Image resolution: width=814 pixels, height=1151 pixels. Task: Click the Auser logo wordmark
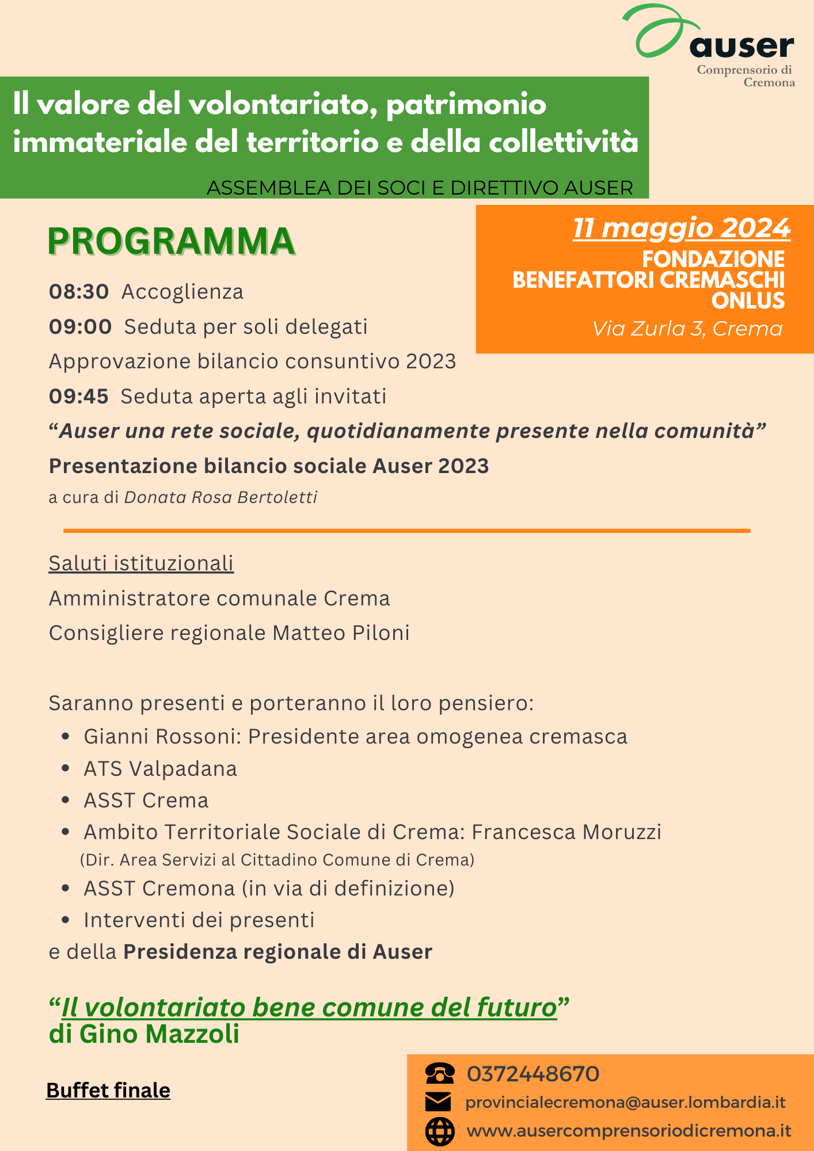pyautogui.click(x=741, y=46)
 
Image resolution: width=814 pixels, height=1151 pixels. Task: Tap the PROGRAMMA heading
pyautogui.click(x=171, y=242)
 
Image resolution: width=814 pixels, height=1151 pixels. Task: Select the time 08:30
pyautogui.click(x=79, y=292)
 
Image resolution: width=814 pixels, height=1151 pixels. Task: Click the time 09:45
pyautogui.click(x=79, y=397)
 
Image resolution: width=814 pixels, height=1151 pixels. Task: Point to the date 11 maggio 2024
pyautogui.click(x=681, y=228)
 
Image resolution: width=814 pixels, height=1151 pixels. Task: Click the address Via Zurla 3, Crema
pyautogui.click(x=687, y=329)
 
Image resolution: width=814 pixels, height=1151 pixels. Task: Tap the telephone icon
pyautogui.click(x=439, y=1073)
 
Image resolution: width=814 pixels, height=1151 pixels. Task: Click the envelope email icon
pyautogui.click(x=438, y=1102)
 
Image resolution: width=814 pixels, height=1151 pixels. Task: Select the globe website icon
pyautogui.click(x=439, y=1131)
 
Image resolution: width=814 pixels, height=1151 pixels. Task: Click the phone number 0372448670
pyautogui.click(x=533, y=1074)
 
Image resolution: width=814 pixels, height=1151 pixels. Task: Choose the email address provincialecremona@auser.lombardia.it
pyautogui.click(x=625, y=1102)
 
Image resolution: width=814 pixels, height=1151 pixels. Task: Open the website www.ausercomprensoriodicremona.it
pyautogui.click(x=629, y=1131)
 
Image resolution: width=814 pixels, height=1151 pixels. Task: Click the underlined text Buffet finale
pyautogui.click(x=108, y=1091)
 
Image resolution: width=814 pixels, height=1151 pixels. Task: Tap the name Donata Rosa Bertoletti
pyautogui.click(x=221, y=497)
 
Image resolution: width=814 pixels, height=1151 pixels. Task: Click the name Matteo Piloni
pyautogui.click(x=341, y=633)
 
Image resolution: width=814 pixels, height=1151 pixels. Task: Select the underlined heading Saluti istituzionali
pyautogui.click(x=141, y=563)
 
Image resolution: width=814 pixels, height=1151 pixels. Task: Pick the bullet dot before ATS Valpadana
pyautogui.click(x=66, y=769)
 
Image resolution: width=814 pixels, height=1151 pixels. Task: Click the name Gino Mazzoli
pyautogui.click(x=159, y=1034)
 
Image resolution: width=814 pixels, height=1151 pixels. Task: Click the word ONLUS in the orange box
pyautogui.click(x=748, y=301)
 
